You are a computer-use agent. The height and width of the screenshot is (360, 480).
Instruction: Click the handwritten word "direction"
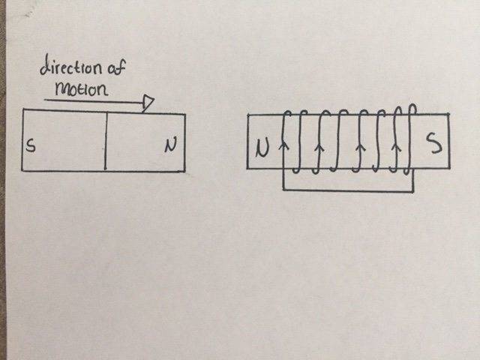pyautogui.click(x=70, y=66)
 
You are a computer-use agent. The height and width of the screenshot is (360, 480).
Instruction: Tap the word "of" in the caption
pyautogui.click(x=116, y=67)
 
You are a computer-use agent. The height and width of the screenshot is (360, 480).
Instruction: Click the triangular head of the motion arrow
pyautogui.click(x=148, y=103)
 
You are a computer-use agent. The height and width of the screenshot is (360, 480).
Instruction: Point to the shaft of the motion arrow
pyautogui.click(x=94, y=100)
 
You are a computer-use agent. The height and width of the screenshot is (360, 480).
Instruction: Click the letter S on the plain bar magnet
pyautogui.click(x=30, y=145)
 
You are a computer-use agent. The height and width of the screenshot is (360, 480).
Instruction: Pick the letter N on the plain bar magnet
pyautogui.click(x=170, y=145)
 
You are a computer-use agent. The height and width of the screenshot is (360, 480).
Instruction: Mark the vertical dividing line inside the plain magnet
pyautogui.click(x=105, y=141)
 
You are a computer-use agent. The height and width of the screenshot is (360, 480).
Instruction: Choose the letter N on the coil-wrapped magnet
pyautogui.click(x=262, y=148)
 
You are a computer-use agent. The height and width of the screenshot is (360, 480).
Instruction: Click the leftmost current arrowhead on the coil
pyautogui.click(x=284, y=145)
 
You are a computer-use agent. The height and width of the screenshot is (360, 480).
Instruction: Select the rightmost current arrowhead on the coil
pyautogui.click(x=397, y=147)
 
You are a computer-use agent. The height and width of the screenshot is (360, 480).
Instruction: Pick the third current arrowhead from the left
pyautogui.click(x=361, y=147)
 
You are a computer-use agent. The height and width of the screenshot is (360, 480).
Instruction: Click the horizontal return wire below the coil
pyautogui.click(x=348, y=190)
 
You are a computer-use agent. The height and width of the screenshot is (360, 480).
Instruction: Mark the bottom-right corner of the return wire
pyautogui.click(x=413, y=192)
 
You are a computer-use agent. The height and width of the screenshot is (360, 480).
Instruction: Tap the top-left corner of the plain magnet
pyautogui.click(x=23, y=109)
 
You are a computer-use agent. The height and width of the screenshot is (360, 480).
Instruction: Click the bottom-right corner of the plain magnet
pyautogui.click(x=185, y=171)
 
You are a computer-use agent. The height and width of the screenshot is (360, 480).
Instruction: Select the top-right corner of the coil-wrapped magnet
pyautogui.click(x=448, y=115)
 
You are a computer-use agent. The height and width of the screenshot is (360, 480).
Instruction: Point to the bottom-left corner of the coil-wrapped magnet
pyautogui.click(x=247, y=168)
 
